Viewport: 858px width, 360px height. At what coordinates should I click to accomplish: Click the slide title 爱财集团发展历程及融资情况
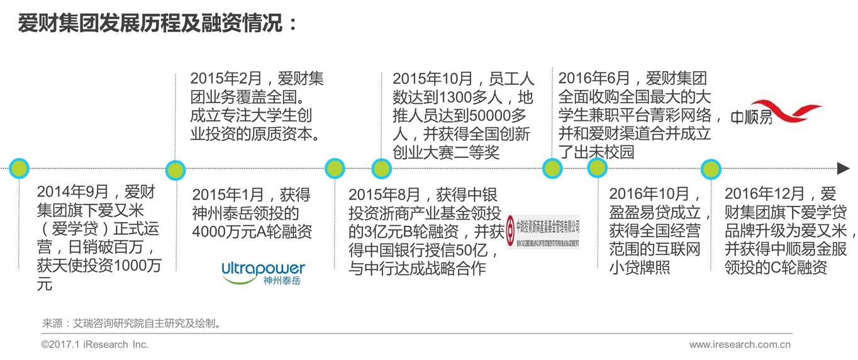pyautogui.click(x=157, y=25)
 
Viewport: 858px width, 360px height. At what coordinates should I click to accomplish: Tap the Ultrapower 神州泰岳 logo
pyautogui.click(x=263, y=273)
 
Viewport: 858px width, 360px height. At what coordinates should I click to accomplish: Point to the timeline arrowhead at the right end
pyautogui.click(x=843, y=168)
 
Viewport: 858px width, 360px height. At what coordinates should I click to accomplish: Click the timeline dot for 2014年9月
pyautogui.click(x=19, y=168)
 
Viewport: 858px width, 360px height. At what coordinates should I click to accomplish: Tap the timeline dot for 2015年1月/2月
pyautogui.click(x=175, y=169)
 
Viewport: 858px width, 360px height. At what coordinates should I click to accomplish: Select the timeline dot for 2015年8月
pyautogui.click(x=335, y=168)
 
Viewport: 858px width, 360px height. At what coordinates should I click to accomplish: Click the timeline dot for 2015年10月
pyautogui.click(x=381, y=168)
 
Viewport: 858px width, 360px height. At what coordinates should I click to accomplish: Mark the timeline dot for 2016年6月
pyautogui.click(x=552, y=168)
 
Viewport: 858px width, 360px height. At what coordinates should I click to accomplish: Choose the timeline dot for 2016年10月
pyautogui.click(x=597, y=168)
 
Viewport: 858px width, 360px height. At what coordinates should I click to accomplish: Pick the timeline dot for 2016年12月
pyautogui.click(x=711, y=169)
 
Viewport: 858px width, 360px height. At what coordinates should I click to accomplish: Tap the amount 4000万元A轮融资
pyautogui.click(x=252, y=231)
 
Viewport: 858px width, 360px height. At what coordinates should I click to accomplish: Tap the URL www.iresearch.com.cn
pyautogui.click(x=740, y=344)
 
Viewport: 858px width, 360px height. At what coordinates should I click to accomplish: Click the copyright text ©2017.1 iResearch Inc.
pyautogui.click(x=95, y=344)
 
